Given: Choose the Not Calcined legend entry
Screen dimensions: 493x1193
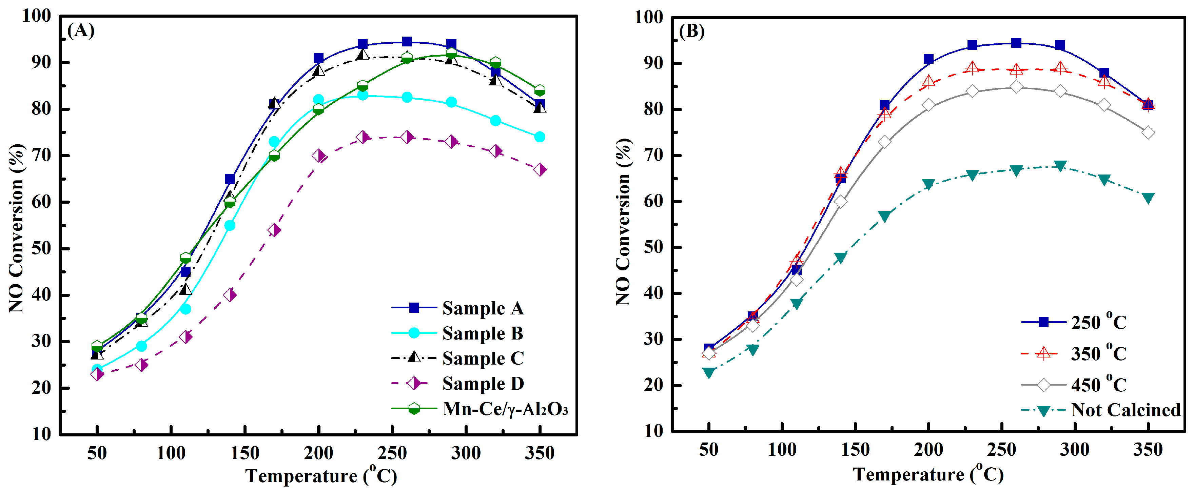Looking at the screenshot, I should click(1126, 410).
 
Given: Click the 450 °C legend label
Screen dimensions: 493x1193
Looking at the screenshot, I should click(1098, 385).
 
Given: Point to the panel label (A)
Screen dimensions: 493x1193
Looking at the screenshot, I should click(81, 30).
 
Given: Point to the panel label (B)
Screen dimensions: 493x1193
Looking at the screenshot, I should click(691, 32).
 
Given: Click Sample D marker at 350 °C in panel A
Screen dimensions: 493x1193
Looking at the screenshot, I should click(540, 170).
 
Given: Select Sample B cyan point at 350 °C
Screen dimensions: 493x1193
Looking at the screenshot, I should click(540, 137).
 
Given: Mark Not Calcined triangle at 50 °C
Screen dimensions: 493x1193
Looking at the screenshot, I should click(708, 372).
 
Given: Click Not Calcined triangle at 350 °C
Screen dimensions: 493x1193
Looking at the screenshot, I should click(1148, 198).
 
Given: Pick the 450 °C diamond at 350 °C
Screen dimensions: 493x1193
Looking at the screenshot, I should click(1148, 133).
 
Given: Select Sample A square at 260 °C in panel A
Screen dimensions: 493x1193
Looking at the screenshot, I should click(407, 42).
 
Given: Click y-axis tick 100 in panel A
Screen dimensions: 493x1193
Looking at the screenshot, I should click(36, 16).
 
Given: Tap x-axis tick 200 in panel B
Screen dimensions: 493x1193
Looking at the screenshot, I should click(928, 450).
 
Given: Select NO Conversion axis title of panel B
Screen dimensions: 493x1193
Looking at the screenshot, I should click(623, 222).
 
